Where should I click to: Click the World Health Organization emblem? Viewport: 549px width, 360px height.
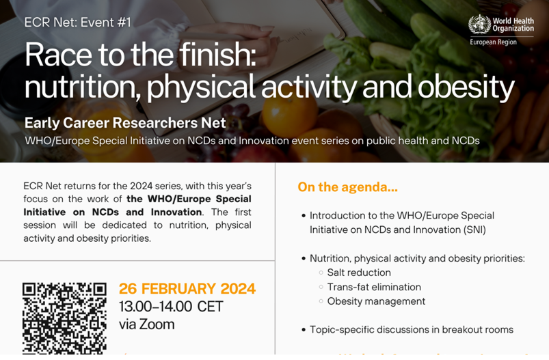point(479,24)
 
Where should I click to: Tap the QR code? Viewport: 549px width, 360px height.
point(64,318)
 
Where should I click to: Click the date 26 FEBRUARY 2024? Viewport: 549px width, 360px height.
point(187,289)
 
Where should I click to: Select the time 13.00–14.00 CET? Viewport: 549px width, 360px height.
point(171,307)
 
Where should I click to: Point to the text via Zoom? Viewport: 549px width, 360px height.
point(147,324)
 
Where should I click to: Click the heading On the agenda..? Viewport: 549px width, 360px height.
point(348,186)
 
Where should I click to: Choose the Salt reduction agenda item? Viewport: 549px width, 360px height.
point(359,273)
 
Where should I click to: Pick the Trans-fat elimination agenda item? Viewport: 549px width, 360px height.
point(374,287)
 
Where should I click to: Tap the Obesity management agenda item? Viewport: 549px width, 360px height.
point(376,301)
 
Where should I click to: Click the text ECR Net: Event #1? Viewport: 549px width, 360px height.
point(78,23)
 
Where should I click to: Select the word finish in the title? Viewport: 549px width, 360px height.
point(217,54)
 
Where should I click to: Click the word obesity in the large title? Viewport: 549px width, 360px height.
point(466,86)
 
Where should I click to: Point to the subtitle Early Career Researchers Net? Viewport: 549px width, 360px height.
point(125,123)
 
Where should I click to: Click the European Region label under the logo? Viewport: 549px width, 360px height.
point(493,42)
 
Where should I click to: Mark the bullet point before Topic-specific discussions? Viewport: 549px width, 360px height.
point(304,330)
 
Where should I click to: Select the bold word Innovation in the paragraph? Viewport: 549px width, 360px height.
point(176,212)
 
